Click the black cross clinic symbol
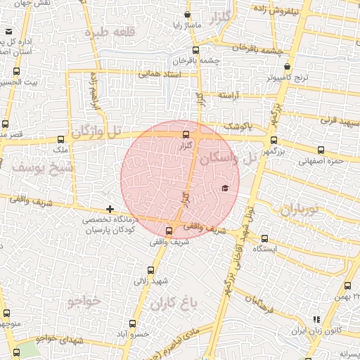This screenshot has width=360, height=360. tap(110, 209)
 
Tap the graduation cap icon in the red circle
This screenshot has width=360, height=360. tap(225, 188)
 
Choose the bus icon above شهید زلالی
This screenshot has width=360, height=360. tap(151, 270)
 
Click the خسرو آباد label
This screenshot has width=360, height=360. tap(134, 335)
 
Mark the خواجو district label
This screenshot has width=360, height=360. tap(84, 302)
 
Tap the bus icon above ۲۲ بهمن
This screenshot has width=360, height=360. tap(347, 285)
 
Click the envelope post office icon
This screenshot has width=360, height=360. tap(9, 32)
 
